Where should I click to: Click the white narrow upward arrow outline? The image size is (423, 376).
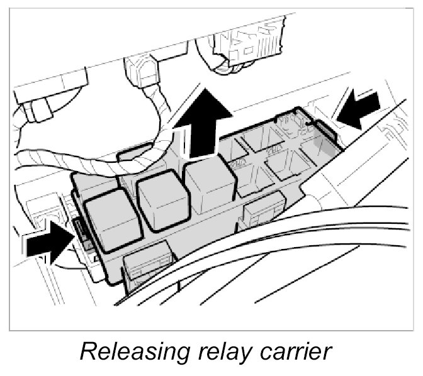185,141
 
